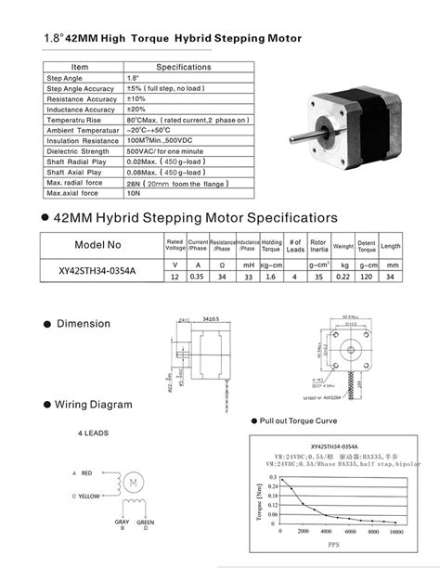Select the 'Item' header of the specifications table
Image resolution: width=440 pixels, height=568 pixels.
pyautogui.click(x=80, y=67)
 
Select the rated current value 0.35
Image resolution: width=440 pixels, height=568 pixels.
pyautogui.click(x=198, y=275)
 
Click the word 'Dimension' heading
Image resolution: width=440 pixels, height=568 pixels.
pyautogui.click(x=84, y=324)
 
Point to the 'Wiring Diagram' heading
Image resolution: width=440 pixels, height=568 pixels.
pyautogui.click(x=93, y=405)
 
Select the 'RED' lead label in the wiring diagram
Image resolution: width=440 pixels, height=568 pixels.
pyautogui.click(x=87, y=473)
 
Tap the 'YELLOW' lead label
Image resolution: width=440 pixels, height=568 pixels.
pyautogui.click(x=91, y=497)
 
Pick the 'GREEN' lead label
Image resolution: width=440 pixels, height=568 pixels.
pyautogui.click(x=144, y=524)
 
